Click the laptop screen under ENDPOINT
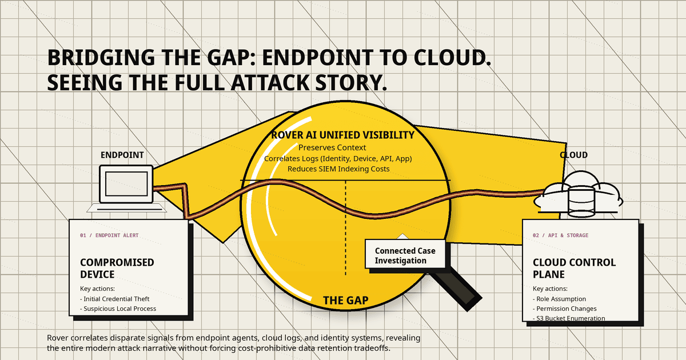(126, 183)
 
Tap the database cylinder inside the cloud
(581, 202)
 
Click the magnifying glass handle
(456, 289)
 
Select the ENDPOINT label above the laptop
(122, 155)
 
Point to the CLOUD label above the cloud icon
(573, 155)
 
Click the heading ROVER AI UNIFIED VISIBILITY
(342, 135)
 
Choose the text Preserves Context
(332, 147)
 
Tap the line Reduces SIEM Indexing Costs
(338, 169)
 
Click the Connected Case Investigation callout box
(405, 254)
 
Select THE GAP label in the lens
(346, 301)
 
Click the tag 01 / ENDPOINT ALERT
(109, 235)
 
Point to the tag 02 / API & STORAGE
(560, 235)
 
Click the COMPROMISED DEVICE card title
(117, 268)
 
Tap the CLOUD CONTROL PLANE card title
(574, 268)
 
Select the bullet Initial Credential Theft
(115, 299)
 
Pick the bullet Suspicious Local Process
(118, 309)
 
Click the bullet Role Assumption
(560, 299)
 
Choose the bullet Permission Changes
(565, 309)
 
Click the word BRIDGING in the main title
(101, 58)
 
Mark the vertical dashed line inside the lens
(346, 228)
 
